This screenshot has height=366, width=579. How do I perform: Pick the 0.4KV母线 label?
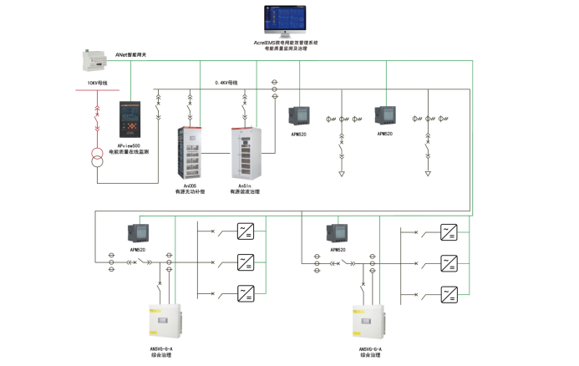point(226,83)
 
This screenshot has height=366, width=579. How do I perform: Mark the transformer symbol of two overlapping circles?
point(98,160)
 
